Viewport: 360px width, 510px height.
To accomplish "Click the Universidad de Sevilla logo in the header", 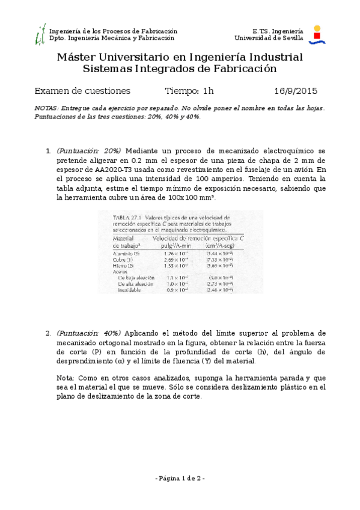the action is (x=317, y=34).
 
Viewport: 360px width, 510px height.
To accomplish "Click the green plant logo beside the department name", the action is (x=40, y=35).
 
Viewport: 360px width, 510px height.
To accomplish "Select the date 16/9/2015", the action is (x=296, y=91).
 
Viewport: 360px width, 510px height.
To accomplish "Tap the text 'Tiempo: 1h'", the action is (x=189, y=91).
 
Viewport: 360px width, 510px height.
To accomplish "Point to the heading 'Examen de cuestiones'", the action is (x=82, y=91).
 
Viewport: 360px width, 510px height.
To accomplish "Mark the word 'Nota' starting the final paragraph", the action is (x=64, y=378).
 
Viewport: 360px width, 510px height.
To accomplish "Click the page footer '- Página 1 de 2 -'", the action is (x=180, y=478).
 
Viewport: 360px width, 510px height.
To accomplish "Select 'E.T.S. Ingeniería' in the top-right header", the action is (x=278, y=30).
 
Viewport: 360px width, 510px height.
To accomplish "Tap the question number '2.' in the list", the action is (x=49, y=333).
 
